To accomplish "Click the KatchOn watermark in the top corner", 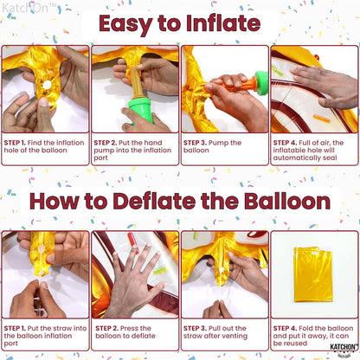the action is (29, 8).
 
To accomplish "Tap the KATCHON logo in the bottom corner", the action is (344, 349).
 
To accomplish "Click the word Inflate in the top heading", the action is (223, 23).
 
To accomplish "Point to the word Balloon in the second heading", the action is (287, 201).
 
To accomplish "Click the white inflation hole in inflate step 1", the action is (47, 85).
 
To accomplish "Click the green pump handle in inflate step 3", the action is (261, 83).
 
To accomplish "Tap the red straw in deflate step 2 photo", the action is (133, 242).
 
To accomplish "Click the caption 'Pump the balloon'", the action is (212, 146).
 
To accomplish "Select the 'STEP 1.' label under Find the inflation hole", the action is (15, 143).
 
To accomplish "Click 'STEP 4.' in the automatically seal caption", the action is (285, 143).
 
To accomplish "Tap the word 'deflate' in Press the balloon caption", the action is (144, 336).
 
